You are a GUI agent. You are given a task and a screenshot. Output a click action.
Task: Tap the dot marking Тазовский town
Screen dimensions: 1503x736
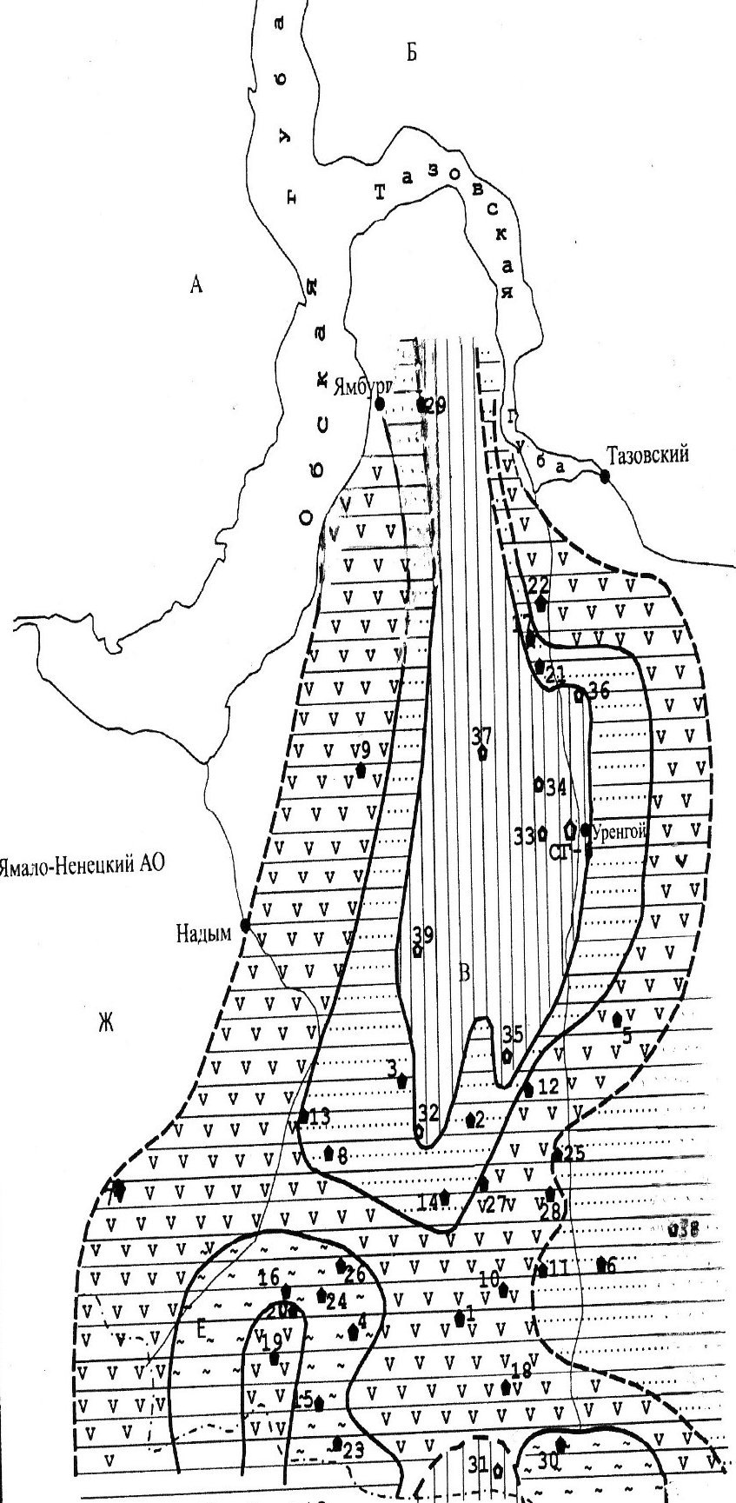605,475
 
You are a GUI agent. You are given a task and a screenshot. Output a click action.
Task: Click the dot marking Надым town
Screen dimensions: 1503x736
245,926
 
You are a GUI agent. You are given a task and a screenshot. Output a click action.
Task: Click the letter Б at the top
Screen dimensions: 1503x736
412,54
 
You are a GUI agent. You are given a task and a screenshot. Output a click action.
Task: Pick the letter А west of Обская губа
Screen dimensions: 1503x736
196,283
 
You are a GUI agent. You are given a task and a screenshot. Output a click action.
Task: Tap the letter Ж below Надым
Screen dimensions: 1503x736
107,1023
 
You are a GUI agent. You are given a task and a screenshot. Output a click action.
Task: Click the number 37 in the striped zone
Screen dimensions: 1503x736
481,736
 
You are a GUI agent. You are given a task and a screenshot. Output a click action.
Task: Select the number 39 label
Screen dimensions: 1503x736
423,935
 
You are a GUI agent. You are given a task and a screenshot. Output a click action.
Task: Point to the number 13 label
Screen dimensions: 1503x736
319,1117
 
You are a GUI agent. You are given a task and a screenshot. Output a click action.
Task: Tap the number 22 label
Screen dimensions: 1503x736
539,584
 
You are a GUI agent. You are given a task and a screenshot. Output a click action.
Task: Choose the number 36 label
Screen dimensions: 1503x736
600,691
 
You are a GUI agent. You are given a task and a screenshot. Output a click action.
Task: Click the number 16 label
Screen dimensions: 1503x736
269,1276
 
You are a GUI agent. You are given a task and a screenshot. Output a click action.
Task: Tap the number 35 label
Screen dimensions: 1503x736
513,1034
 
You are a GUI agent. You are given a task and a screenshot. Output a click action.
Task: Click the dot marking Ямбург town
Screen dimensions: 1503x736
380,403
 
